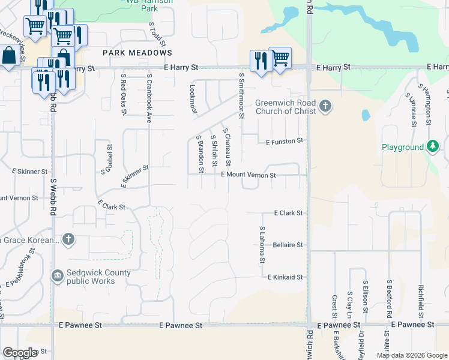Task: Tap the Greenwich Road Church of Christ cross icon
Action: tap(325, 106)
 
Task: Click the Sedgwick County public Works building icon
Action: tap(57, 276)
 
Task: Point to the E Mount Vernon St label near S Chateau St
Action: tap(248, 175)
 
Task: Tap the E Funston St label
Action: tap(285, 142)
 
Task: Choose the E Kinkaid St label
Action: tap(285, 277)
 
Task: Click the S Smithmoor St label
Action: tap(241, 96)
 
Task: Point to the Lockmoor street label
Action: tap(193, 98)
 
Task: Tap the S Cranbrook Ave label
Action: tap(149, 98)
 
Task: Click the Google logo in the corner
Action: tap(19, 353)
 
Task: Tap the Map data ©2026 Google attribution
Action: tap(411, 355)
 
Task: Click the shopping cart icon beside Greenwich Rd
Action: tap(280, 58)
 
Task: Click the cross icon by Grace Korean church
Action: tap(68, 240)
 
